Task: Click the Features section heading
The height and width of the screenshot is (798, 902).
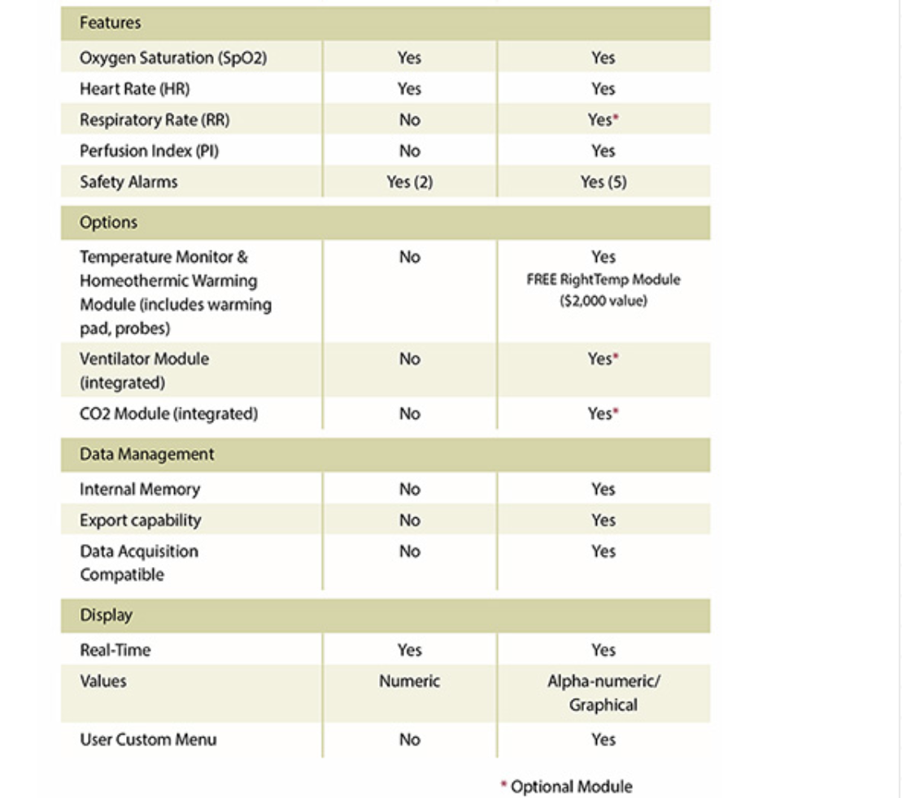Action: click(110, 23)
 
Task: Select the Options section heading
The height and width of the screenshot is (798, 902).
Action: click(108, 222)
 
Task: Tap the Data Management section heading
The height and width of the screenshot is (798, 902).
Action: click(146, 454)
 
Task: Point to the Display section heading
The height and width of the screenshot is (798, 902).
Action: click(106, 615)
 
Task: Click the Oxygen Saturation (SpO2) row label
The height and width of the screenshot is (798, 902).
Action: click(173, 58)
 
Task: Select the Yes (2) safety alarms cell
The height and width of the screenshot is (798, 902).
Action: click(409, 181)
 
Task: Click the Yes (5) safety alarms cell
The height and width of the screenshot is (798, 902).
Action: click(604, 181)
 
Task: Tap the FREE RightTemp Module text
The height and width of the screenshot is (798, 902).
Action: click(604, 280)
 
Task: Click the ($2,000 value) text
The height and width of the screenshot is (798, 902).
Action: click(604, 301)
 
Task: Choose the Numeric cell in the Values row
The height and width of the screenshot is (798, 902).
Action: click(409, 681)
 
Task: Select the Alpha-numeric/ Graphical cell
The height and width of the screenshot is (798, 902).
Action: click(604, 692)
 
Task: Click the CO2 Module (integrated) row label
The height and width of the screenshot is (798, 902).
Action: click(168, 413)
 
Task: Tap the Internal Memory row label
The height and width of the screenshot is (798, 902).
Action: click(139, 489)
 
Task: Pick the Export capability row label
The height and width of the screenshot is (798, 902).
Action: click(140, 520)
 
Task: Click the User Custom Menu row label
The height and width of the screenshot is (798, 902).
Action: click(148, 739)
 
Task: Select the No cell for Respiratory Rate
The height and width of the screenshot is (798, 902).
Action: click(409, 120)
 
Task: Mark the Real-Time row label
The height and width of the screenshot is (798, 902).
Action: click(115, 650)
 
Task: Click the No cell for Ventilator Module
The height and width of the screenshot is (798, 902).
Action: click(409, 359)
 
